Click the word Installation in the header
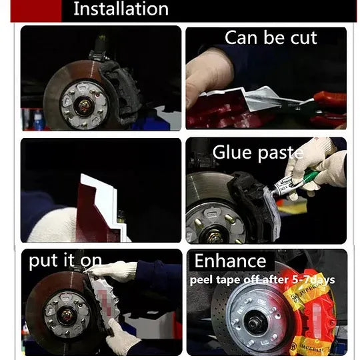(121, 9)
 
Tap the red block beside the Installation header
(36, 11)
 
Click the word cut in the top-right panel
(304, 38)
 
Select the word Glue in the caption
(232, 152)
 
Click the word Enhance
(230, 261)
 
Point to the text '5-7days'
(313, 279)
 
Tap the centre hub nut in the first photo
(83, 105)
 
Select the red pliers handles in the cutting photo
(329, 108)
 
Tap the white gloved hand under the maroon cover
(53, 225)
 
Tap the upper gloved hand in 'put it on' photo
(113, 271)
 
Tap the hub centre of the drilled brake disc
(255, 323)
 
